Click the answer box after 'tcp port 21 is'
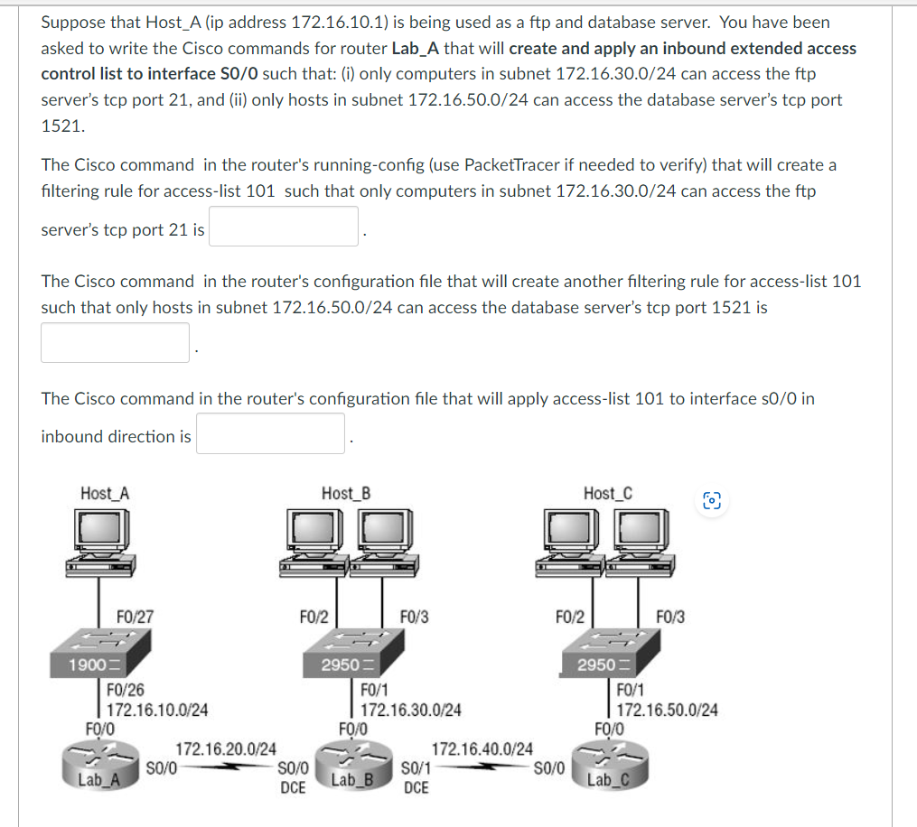click(x=285, y=227)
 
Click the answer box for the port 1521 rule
click(x=115, y=343)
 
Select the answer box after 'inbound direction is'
click(x=270, y=433)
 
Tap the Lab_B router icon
click(x=353, y=767)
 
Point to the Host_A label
click(x=105, y=493)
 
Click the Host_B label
click(x=345, y=493)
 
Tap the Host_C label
click(x=607, y=493)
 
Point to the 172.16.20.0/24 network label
click(x=226, y=748)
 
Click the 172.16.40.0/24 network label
click(x=482, y=748)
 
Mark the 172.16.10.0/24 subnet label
click(x=158, y=710)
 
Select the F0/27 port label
click(x=135, y=618)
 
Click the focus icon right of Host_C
click(x=713, y=501)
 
